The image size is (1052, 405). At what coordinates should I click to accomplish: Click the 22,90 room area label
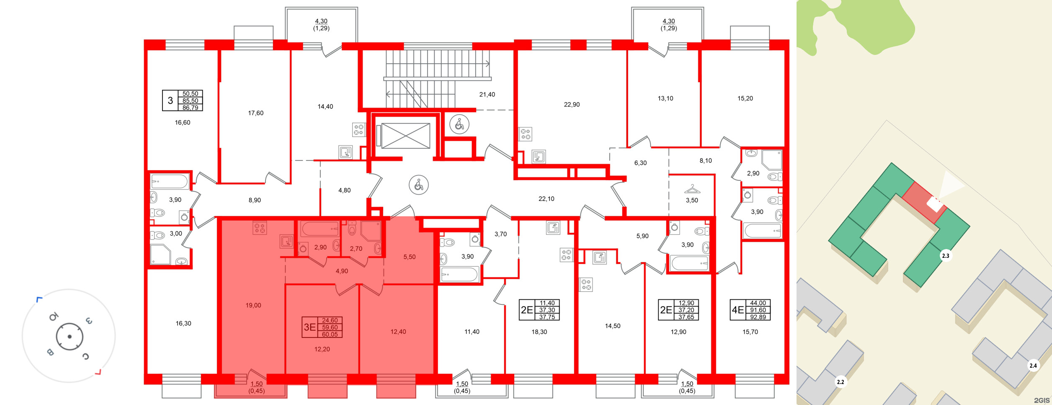coord(571,104)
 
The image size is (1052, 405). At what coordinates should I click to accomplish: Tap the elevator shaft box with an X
coord(405,135)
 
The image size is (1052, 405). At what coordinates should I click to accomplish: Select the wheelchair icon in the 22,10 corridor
coord(418,185)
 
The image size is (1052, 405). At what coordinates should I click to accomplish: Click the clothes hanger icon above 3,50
coord(692,189)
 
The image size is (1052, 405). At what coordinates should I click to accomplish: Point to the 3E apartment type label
coord(309,327)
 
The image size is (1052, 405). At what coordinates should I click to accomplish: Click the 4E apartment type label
coord(737,310)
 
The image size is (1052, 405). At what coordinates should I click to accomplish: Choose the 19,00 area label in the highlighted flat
coord(253,305)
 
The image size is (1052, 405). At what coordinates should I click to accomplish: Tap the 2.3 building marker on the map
coord(945,256)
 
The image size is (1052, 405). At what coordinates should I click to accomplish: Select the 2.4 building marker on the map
coord(1033,366)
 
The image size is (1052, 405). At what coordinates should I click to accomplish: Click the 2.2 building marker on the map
coord(840,382)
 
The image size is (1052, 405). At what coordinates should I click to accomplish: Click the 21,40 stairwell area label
coord(487,94)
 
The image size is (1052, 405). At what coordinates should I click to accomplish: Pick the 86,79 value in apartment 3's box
coord(190,108)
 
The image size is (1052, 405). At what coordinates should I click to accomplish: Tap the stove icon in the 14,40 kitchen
coord(358,130)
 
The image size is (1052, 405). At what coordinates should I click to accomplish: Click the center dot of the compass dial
coord(70,336)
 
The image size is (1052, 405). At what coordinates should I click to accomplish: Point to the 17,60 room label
coord(255,113)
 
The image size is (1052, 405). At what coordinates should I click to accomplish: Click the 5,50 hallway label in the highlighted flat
coord(409,257)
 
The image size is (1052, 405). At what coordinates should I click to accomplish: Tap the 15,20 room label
coord(745,98)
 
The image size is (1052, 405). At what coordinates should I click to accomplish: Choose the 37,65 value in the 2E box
coord(686,317)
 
